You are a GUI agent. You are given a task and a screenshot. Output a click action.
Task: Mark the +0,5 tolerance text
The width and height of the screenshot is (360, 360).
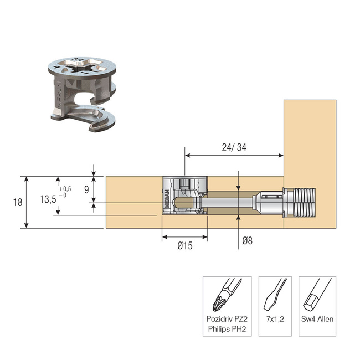(x=65, y=189)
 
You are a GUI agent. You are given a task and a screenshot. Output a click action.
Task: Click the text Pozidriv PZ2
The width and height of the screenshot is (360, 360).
(x=227, y=320)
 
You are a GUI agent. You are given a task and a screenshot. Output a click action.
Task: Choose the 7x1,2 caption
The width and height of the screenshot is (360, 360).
(x=275, y=320)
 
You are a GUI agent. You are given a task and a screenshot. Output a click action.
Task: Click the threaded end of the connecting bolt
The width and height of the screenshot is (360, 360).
(x=304, y=202)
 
